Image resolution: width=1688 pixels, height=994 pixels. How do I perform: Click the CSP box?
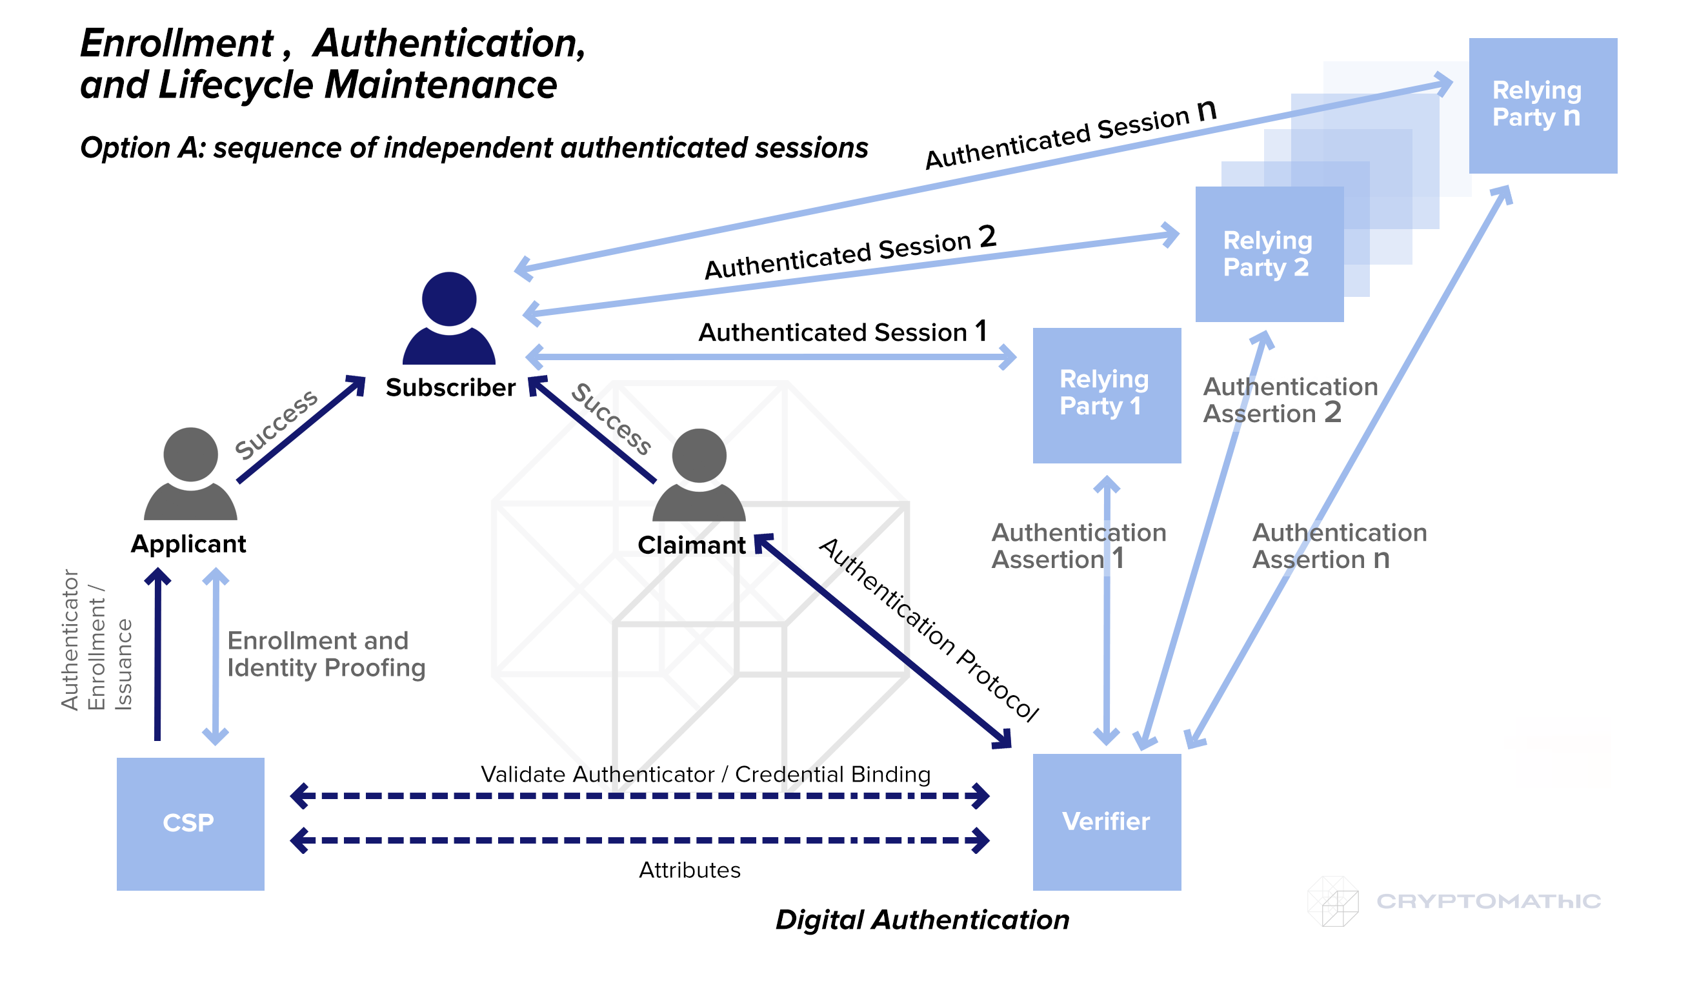(190, 824)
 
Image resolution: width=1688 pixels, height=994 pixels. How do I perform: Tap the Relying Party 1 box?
(1107, 396)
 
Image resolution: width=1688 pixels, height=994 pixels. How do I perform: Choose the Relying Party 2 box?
(1269, 255)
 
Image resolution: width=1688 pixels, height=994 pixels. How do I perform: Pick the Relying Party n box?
(1543, 106)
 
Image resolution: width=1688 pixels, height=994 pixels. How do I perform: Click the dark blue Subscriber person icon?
(449, 318)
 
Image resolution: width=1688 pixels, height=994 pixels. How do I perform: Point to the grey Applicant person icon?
(190, 473)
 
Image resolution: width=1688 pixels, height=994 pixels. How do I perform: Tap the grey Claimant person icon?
(699, 474)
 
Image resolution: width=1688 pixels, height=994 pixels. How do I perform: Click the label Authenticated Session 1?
(842, 332)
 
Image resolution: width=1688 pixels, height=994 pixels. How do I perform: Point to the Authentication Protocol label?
(929, 629)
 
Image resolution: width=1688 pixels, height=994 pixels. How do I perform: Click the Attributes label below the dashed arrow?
(689, 870)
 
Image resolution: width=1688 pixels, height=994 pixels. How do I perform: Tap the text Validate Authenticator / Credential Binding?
(705, 774)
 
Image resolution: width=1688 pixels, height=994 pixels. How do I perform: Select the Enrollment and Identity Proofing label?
(327, 654)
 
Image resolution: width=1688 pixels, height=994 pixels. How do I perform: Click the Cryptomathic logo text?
(1489, 902)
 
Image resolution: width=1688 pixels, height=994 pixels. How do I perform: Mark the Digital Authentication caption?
(921, 920)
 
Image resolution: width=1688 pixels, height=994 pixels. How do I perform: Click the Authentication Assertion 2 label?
(1289, 400)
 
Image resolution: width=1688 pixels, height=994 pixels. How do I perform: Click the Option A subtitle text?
(474, 147)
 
